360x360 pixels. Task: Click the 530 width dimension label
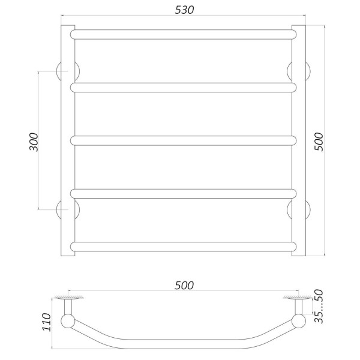coord(184,11)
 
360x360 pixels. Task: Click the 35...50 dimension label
coord(319,308)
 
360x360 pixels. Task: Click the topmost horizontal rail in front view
coord(184,34)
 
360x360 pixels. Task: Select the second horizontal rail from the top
coord(184,88)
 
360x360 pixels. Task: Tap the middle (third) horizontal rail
coord(184,140)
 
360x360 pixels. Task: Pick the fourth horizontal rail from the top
coord(184,193)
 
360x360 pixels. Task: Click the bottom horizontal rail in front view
coord(184,246)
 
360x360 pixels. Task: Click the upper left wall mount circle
coord(64,71)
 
